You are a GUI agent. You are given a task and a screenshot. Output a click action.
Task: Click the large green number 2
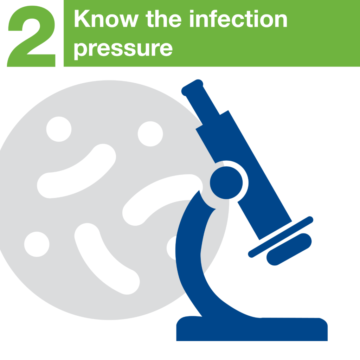point(31,36)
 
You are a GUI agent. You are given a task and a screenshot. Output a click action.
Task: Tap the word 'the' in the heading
point(164,19)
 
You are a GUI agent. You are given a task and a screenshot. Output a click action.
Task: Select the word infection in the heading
point(239,19)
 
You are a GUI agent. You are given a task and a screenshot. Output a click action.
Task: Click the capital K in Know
point(82,18)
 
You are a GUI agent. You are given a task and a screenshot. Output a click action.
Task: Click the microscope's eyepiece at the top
point(192,88)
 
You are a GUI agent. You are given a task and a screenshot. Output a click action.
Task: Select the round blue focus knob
point(226,183)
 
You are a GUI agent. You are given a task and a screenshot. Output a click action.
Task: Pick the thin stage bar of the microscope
point(281,237)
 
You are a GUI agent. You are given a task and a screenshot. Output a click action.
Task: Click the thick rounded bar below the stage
point(289,249)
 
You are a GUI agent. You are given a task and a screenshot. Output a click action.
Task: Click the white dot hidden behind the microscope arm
point(172,248)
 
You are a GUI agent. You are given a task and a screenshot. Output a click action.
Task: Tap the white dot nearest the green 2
point(59,129)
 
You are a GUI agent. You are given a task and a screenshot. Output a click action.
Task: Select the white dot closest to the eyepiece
point(150,134)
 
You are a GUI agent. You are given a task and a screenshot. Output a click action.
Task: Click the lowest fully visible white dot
point(37,244)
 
